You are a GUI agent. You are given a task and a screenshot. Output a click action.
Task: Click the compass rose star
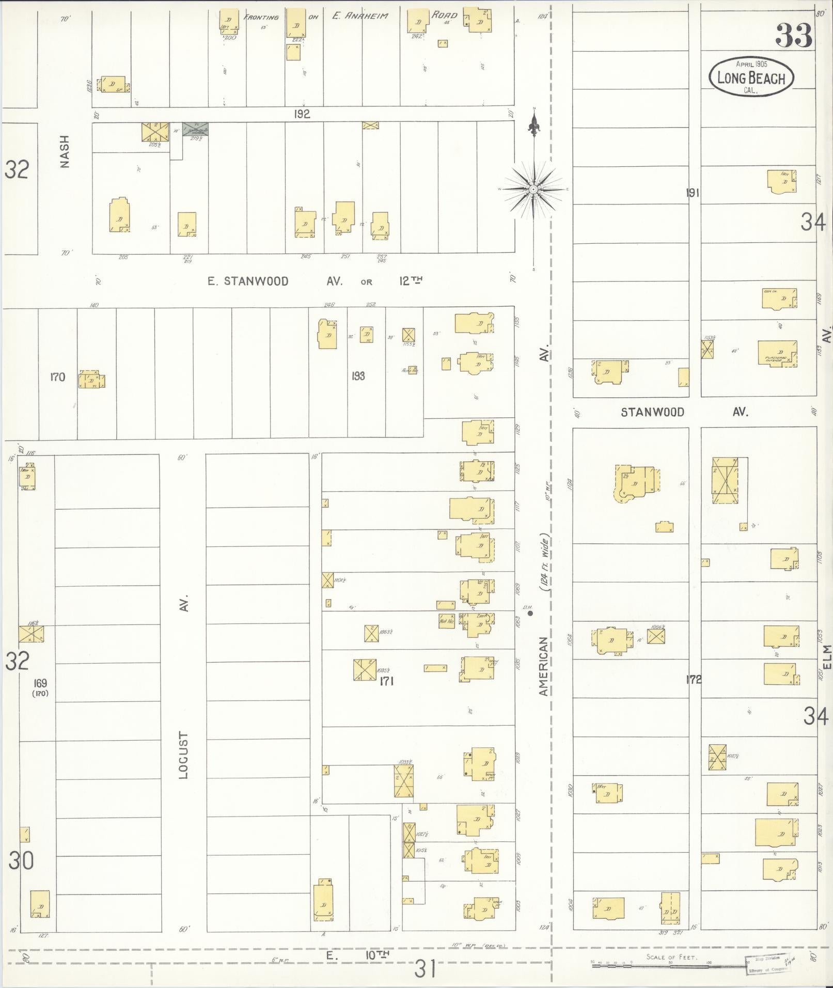(x=533, y=190)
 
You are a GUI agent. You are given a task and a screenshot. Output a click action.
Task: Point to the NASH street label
(x=65, y=151)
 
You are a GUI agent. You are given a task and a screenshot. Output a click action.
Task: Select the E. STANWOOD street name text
(x=248, y=281)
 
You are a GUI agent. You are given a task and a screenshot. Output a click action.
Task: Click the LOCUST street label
(x=184, y=755)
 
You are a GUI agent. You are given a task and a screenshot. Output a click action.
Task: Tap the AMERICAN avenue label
(x=543, y=666)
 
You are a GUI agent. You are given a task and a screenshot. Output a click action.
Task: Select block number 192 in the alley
(x=302, y=114)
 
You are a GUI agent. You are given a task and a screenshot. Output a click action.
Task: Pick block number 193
(x=358, y=376)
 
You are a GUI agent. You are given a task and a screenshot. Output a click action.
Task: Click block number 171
(x=386, y=681)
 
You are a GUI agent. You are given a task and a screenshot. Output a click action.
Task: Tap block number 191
(x=693, y=193)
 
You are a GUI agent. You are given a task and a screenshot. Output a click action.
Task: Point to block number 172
(x=694, y=679)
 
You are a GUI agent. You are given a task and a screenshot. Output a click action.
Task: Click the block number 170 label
(x=57, y=377)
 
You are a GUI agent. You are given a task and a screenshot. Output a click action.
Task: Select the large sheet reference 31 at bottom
(x=425, y=968)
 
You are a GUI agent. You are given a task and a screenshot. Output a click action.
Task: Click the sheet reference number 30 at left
(x=21, y=860)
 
